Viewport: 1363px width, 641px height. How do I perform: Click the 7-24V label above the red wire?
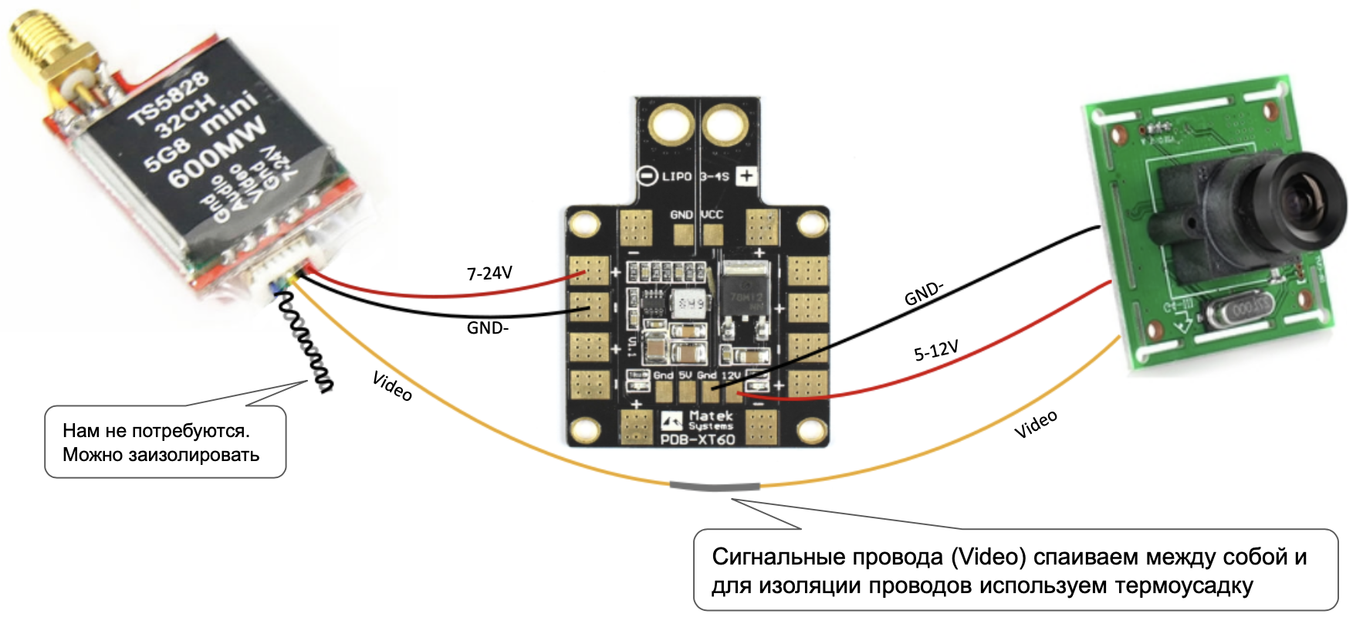pyautogui.click(x=489, y=273)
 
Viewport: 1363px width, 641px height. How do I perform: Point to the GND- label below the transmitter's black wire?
pyautogui.click(x=487, y=327)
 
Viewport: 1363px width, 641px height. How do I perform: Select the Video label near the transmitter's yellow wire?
pyautogui.click(x=392, y=385)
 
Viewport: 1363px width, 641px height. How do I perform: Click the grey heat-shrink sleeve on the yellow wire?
pyautogui.click(x=715, y=487)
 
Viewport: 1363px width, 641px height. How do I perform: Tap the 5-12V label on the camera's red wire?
pyautogui.click(x=935, y=351)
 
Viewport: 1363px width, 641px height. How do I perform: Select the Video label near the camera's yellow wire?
pyautogui.click(x=1035, y=424)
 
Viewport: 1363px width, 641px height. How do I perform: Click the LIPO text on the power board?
pyautogui.click(x=677, y=177)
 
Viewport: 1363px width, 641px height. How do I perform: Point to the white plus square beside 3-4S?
pyautogui.click(x=746, y=176)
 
